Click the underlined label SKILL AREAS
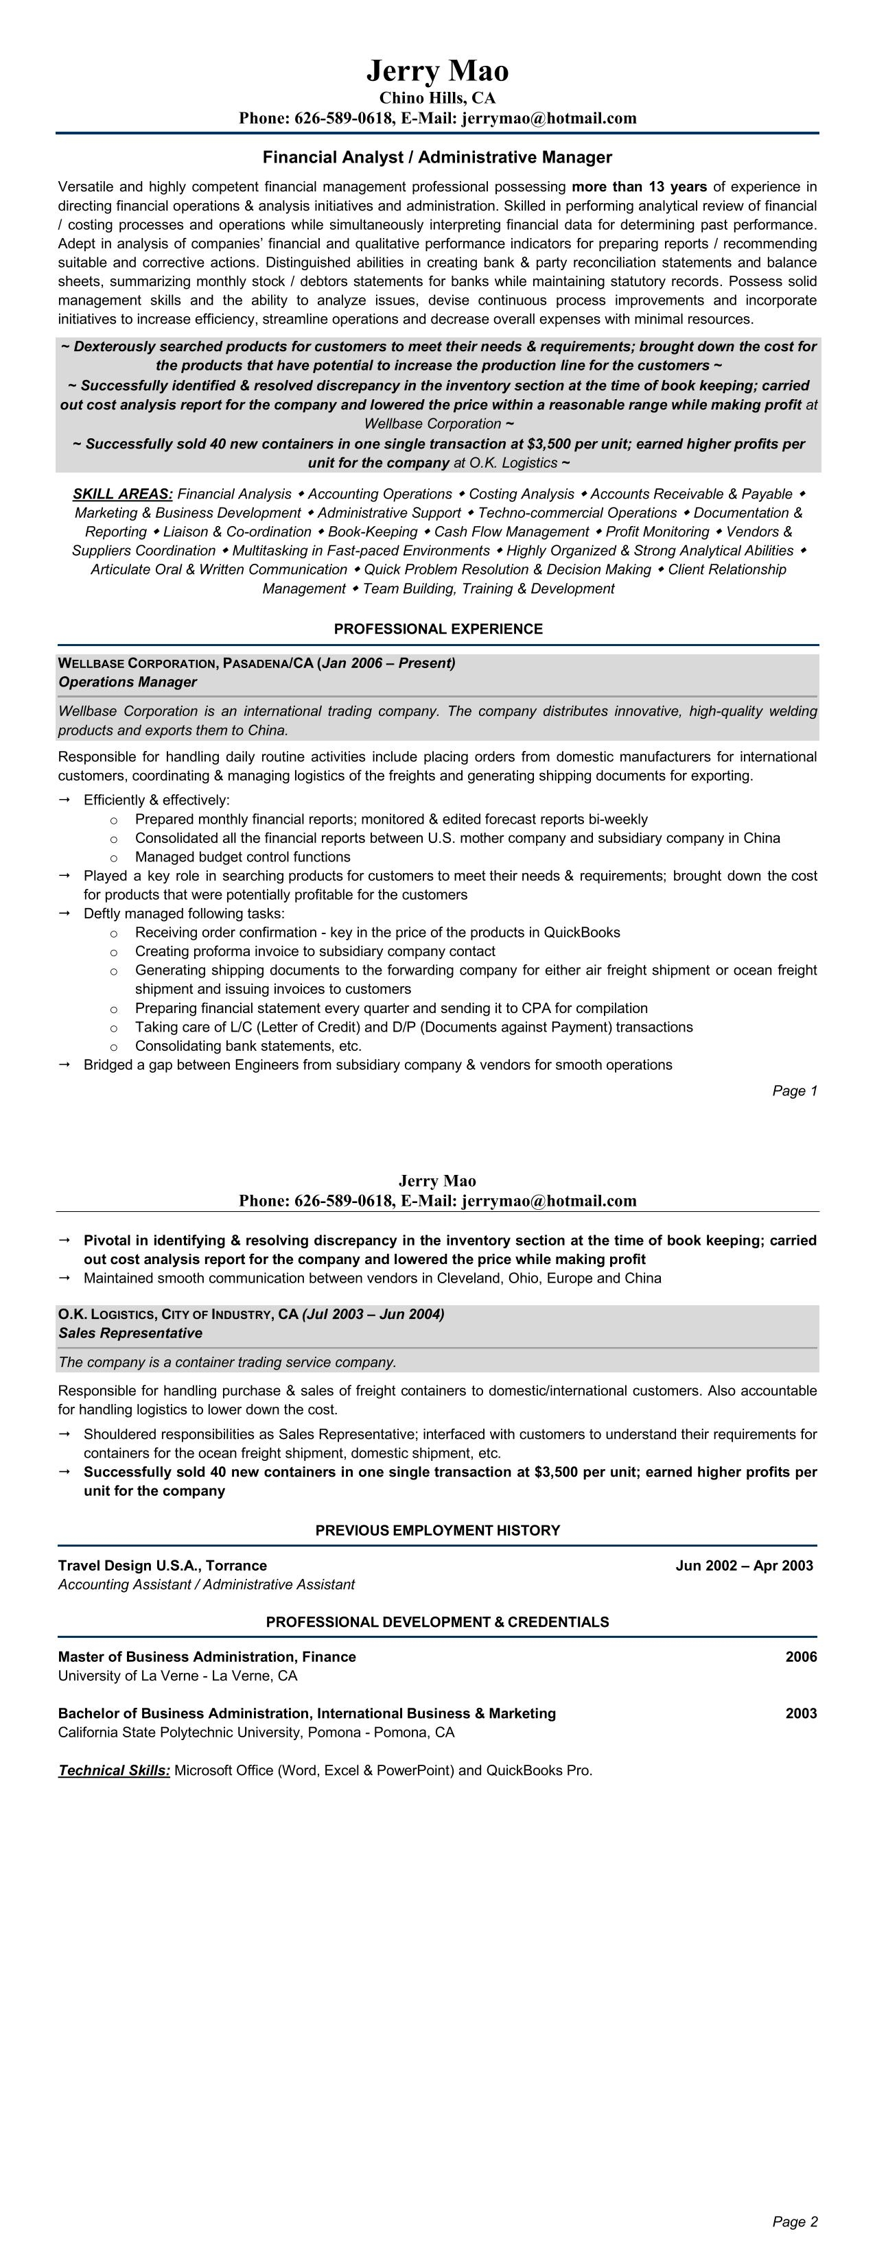pyautogui.click(x=122, y=495)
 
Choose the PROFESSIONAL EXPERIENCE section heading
pyautogui.click(x=438, y=629)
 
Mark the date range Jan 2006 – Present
pyautogui.click(x=388, y=663)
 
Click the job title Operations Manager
pyautogui.click(x=128, y=682)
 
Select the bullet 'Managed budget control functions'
pyautogui.click(x=242, y=857)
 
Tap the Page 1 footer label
pyautogui.click(x=794, y=1091)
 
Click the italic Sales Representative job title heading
pyautogui.click(x=130, y=1333)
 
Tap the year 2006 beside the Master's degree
pyautogui.click(x=800, y=1657)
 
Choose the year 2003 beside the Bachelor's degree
pyautogui.click(x=800, y=1713)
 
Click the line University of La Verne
pyautogui.click(x=178, y=1676)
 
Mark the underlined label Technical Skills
pyautogui.click(x=114, y=1770)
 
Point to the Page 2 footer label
pyautogui.click(x=794, y=2222)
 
